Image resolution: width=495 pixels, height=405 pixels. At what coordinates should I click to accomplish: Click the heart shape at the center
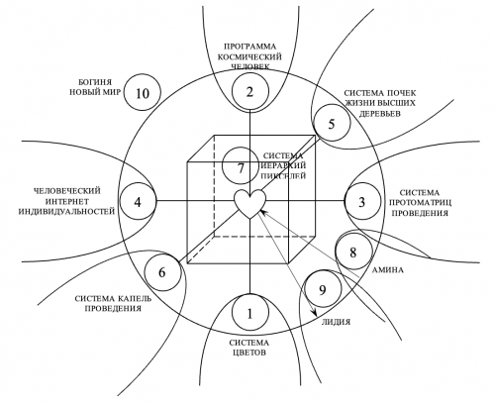(249, 204)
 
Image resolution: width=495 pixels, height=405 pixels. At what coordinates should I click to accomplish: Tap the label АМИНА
(387, 270)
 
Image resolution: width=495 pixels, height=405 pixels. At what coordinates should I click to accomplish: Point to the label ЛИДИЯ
(336, 322)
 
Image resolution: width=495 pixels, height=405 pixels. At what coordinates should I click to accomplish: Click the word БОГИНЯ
(90, 81)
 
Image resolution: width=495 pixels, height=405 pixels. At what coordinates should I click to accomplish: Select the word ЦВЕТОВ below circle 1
(249, 353)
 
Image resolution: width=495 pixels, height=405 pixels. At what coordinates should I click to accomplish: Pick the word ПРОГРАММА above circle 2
(249, 46)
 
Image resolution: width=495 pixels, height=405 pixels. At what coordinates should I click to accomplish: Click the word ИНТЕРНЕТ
(67, 201)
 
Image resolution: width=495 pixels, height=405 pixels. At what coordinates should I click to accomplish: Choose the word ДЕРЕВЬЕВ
(379, 113)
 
